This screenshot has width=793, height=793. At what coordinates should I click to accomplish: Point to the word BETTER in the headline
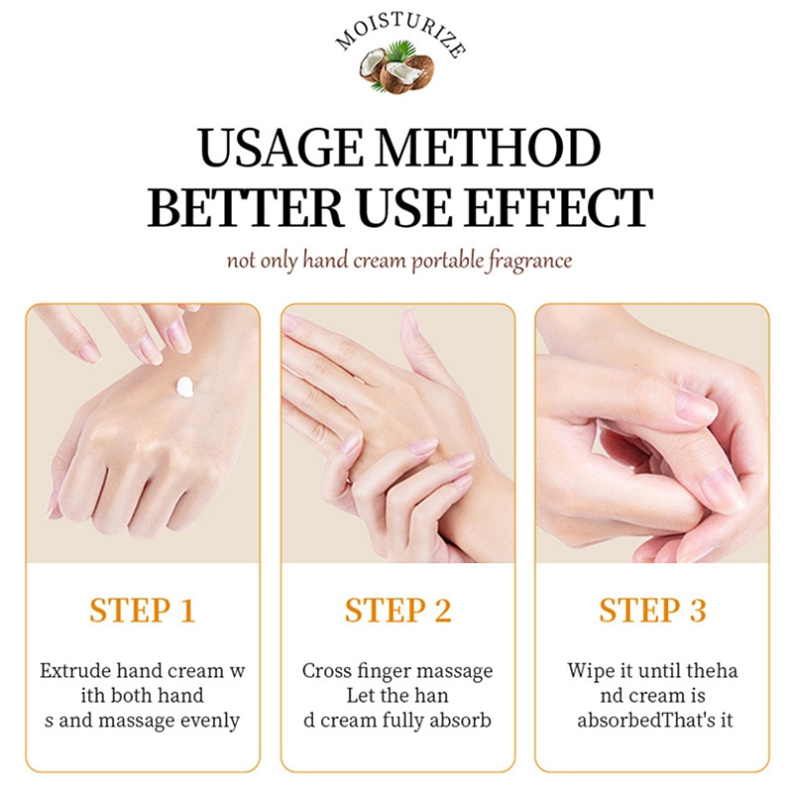[x=246, y=207]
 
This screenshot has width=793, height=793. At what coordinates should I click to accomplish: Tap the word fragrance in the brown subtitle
[x=530, y=261]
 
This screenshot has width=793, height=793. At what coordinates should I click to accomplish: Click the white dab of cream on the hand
[x=185, y=388]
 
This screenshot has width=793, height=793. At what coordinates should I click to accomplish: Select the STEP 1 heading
[x=143, y=610]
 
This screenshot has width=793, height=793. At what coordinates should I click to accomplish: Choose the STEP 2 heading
[x=398, y=610]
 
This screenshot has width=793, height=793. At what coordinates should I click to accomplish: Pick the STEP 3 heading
[x=652, y=610]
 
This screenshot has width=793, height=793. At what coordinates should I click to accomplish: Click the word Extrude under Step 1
[x=76, y=671]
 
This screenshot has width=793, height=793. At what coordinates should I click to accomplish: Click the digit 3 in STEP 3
[x=698, y=610]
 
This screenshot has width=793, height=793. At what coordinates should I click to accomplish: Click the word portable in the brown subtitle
[x=448, y=261]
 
